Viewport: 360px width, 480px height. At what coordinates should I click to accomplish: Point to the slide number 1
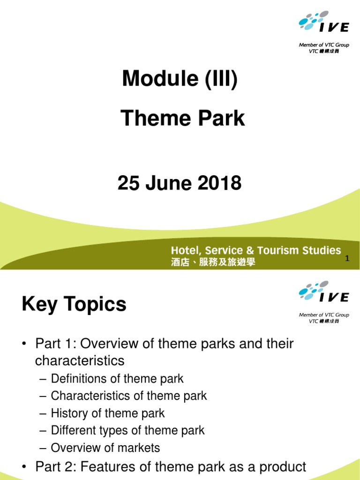(347, 258)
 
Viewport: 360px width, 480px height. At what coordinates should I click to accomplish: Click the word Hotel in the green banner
(186, 250)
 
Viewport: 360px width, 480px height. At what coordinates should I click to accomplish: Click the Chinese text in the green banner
(213, 262)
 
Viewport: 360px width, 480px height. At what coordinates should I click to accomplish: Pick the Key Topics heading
(74, 305)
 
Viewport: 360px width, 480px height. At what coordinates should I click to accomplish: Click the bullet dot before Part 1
(24, 345)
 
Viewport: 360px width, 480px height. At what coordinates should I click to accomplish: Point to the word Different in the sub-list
(73, 430)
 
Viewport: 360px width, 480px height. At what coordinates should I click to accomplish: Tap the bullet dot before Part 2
(24, 467)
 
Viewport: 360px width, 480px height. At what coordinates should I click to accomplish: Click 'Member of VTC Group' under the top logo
(324, 45)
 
